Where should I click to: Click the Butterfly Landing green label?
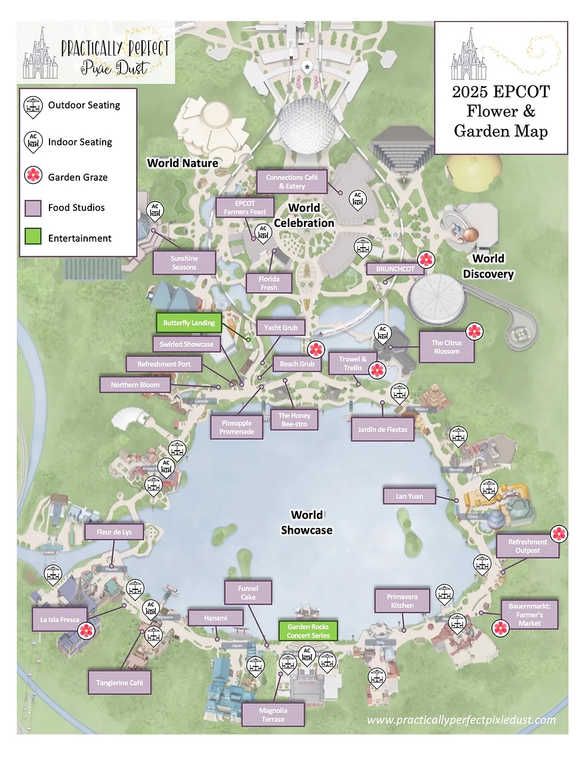[x=189, y=323]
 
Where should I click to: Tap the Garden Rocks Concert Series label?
[x=308, y=631]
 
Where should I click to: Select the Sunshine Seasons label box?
[x=184, y=263]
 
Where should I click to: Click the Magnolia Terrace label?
[x=273, y=715]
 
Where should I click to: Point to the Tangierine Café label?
[x=119, y=682]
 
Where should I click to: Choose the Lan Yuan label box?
[x=410, y=496]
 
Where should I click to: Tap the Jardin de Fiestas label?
[x=383, y=429]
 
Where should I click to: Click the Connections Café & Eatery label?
[x=292, y=181]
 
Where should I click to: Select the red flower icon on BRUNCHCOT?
[x=426, y=260]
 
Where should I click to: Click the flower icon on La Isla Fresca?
[x=87, y=630]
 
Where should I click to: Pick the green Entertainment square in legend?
[x=33, y=236]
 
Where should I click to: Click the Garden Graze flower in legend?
[x=33, y=176]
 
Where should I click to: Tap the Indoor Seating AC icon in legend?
[x=33, y=142]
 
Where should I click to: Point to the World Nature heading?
[x=183, y=163]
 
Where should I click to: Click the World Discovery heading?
[x=488, y=266]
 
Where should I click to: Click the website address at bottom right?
[x=461, y=720]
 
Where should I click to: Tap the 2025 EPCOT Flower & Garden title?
[x=500, y=112]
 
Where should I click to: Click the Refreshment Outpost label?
[x=528, y=546]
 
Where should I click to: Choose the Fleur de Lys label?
[x=114, y=532]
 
